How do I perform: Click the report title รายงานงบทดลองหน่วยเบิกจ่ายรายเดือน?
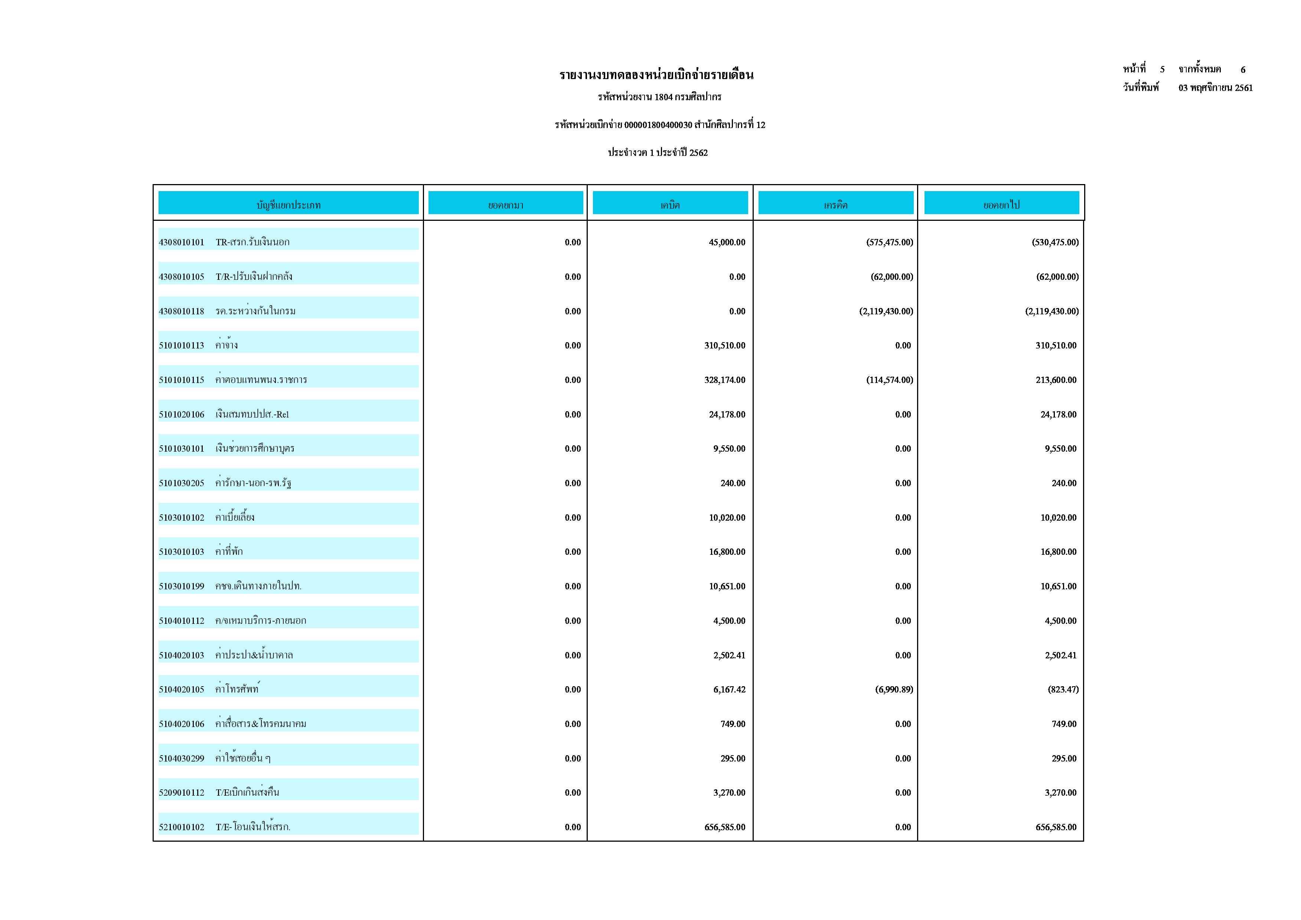(656, 75)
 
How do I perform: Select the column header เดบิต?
(670, 204)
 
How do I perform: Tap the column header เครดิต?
(835, 204)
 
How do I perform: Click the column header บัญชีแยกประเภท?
(288, 204)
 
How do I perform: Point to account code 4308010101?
(181, 242)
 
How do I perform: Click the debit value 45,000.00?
(727, 242)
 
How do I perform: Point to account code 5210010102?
(181, 827)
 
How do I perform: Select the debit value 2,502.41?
(729, 655)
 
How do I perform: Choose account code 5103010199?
(181, 586)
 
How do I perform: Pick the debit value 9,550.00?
(729, 449)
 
